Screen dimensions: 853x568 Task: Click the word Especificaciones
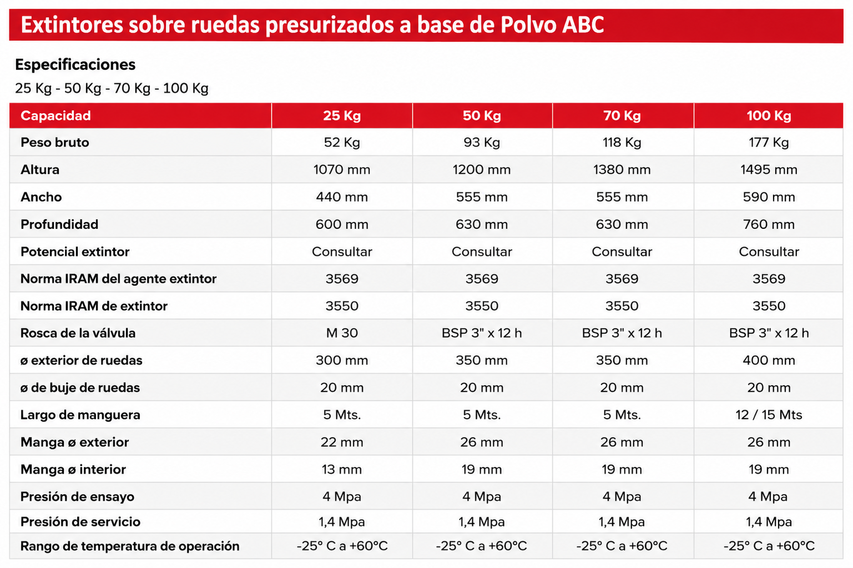click(75, 65)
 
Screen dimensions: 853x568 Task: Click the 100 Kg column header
click(769, 116)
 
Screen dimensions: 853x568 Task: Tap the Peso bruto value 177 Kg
click(769, 143)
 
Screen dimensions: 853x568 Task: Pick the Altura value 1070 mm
click(341, 169)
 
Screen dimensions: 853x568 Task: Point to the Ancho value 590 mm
click(769, 197)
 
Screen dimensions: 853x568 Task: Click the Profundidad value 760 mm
click(769, 224)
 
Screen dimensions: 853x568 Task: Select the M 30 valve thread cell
click(341, 333)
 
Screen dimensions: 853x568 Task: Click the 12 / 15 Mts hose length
click(769, 414)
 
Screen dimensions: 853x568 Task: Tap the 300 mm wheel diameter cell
click(341, 360)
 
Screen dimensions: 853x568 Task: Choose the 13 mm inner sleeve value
click(341, 469)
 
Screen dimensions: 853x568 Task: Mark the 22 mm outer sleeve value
click(341, 442)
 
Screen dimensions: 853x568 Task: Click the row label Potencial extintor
click(75, 252)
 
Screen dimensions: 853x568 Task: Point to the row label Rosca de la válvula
click(78, 333)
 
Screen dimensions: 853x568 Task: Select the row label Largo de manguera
click(80, 415)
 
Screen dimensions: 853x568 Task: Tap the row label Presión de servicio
click(80, 522)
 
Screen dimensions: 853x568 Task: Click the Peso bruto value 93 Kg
click(482, 143)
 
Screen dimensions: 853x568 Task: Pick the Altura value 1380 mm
click(622, 169)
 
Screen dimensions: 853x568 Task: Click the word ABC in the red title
click(583, 25)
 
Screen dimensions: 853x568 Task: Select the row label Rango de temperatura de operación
click(130, 546)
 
